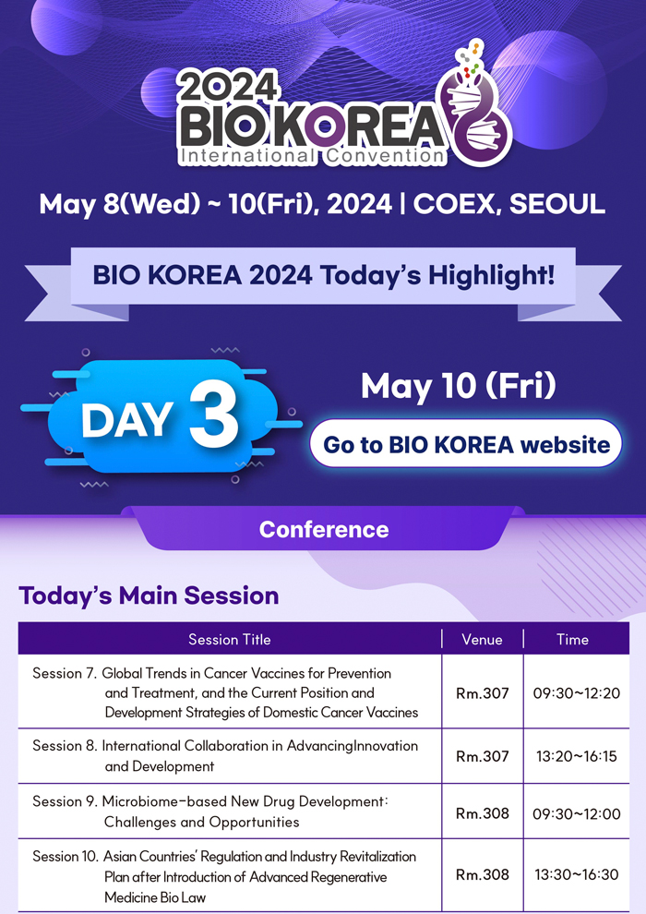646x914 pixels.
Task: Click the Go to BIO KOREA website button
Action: (465, 444)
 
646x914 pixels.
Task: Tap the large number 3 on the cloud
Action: (214, 415)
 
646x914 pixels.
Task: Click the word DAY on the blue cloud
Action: (127, 420)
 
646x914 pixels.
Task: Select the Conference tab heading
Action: (324, 529)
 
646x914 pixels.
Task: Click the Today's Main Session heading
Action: (150, 595)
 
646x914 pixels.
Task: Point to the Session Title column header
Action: (230, 640)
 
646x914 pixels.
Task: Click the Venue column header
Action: (482, 640)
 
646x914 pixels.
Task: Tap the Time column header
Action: (572, 640)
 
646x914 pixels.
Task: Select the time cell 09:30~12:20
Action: (577, 693)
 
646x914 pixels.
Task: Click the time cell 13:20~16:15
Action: (577, 756)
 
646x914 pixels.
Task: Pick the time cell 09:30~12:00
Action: (577, 813)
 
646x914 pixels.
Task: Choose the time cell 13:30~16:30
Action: (577, 874)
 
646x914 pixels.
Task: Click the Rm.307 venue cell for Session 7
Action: (483, 693)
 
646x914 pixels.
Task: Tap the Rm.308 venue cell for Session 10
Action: (483, 874)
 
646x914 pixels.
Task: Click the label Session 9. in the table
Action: (65, 801)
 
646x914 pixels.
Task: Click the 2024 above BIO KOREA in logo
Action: (228, 86)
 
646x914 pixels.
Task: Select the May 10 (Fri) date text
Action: (459, 386)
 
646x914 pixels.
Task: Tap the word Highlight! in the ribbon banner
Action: (492, 275)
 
